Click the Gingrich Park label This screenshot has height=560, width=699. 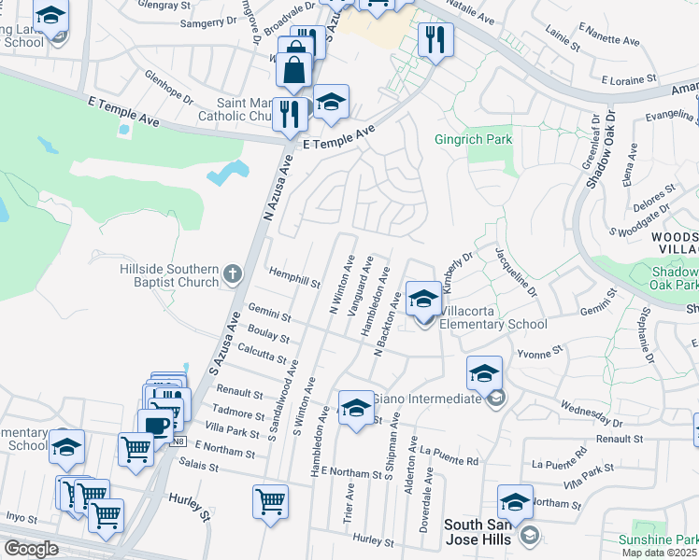pyautogui.click(x=474, y=140)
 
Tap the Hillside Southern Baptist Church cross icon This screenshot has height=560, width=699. pyautogui.click(x=233, y=274)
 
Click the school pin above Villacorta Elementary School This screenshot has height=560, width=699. pyautogui.click(x=424, y=299)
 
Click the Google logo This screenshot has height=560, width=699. pyautogui.click(x=31, y=549)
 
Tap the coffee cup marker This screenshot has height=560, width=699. pyautogui.click(x=155, y=425)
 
